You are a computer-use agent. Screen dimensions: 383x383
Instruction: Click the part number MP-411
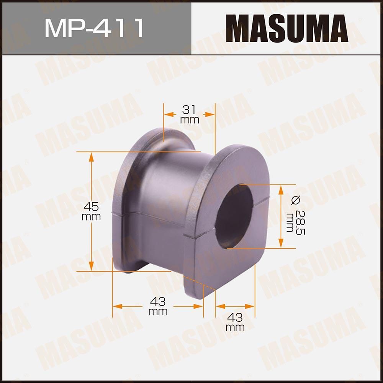[94, 28]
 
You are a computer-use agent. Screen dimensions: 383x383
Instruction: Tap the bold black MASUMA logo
[287, 28]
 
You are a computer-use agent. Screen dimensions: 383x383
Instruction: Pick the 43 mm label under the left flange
[158, 307]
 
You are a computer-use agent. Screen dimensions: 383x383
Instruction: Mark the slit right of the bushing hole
[262, 198]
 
